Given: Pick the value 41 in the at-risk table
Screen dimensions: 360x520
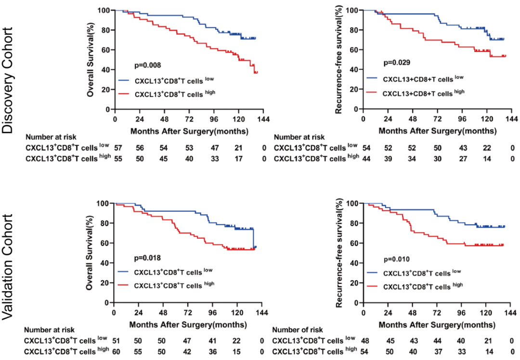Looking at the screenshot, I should [x=212, y=341].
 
